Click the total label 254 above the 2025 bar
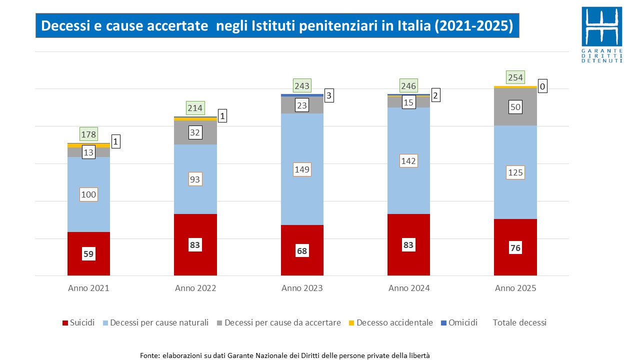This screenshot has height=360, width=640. pyautogui.click(x=515, y=77)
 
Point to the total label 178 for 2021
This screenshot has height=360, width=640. pyautogui.click(x=88, y=134)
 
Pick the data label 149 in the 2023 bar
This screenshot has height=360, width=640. pyautogui.click(x=302, y=169)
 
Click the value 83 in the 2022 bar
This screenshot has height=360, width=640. pyautogui.click(x=195, y=245)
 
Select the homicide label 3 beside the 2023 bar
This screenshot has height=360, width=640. pyautogui.click(x=329, y=95)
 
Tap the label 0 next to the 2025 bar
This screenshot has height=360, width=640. pyautogui.click(x=542, y=87)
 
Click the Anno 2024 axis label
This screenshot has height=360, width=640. pyautogui.click(x=409, y=288)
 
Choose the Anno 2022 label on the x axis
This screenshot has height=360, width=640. pyautogui.click(x=195, y=288)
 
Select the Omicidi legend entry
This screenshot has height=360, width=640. pyautogui.click(x=459, y=322)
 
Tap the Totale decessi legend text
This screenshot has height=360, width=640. pyautogui.click(x=519, y=322)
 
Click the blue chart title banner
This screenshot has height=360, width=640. pyautogui.click(x=277, y=26)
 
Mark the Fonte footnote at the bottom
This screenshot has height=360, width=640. pyautogui.click(x=285, y=355)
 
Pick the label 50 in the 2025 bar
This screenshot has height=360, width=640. pyautogui.click(x=515, y=106)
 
